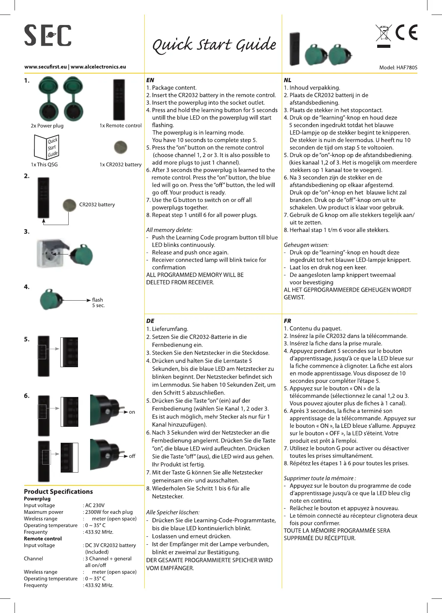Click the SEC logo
click(x=48, y=35)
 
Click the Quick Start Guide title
click(x=214, y=45)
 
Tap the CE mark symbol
click(x=407, y=33)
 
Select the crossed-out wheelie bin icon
click(x=383, y=33)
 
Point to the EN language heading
click(x=150, y=80)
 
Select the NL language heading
click(x=287, y=80)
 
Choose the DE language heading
click(x=150, y=321)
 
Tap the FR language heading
click(x=287, y=321)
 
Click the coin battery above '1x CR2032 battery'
click(x=120, y=147)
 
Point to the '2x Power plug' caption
click(x=47, y=126)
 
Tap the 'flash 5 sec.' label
click(x=98, y=302)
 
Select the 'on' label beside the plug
click(x=132, y=412)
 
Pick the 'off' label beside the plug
click(x=132, y=456)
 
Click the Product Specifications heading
click(x=58, y=492)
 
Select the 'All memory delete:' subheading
click(x=169, y=230)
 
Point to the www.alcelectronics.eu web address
click(x=98, y=67)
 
